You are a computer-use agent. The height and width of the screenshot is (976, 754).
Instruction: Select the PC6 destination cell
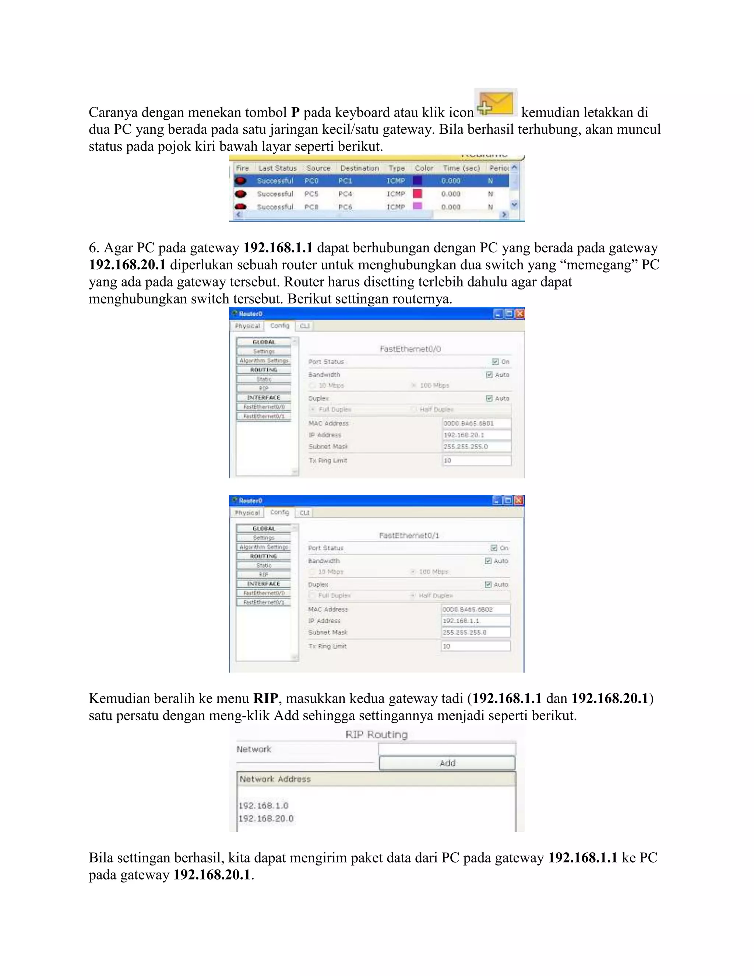click(x=345, y=207)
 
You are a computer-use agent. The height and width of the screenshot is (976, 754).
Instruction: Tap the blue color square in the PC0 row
click(x=417, y=180)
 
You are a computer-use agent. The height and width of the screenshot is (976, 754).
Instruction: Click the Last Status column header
click(x=277, y=168)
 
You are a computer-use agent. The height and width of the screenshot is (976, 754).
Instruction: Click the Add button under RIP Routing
click(x=447, y=763)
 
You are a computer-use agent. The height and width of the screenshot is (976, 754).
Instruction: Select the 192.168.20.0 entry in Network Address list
click(x=266, y=818)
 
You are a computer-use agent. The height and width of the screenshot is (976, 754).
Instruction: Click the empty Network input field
click(x=447, y=749)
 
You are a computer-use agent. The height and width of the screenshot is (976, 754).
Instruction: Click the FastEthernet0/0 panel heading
click(x=410, y=349)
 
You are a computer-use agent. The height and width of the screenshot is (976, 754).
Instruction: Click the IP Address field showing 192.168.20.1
click(x=476, y=435)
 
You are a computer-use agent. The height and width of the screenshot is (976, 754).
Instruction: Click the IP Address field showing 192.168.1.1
click(x=475, y=621)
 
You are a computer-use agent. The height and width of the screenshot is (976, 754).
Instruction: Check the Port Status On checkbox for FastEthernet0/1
click(x=494, y=548)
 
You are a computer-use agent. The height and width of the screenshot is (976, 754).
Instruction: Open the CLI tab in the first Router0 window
click(x=304, y=326)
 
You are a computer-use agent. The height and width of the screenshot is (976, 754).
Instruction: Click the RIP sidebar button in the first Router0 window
click(x=264, y=388)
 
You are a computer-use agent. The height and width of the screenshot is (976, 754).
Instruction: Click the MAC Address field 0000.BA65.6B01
click(x=476, y=423)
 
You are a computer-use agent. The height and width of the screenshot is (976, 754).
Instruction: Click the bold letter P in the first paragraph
click(x=295, y=112)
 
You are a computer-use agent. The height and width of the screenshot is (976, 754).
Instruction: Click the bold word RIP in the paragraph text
click(x=265, y=698)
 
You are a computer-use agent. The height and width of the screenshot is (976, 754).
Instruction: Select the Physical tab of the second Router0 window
click(x=247, y=513)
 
